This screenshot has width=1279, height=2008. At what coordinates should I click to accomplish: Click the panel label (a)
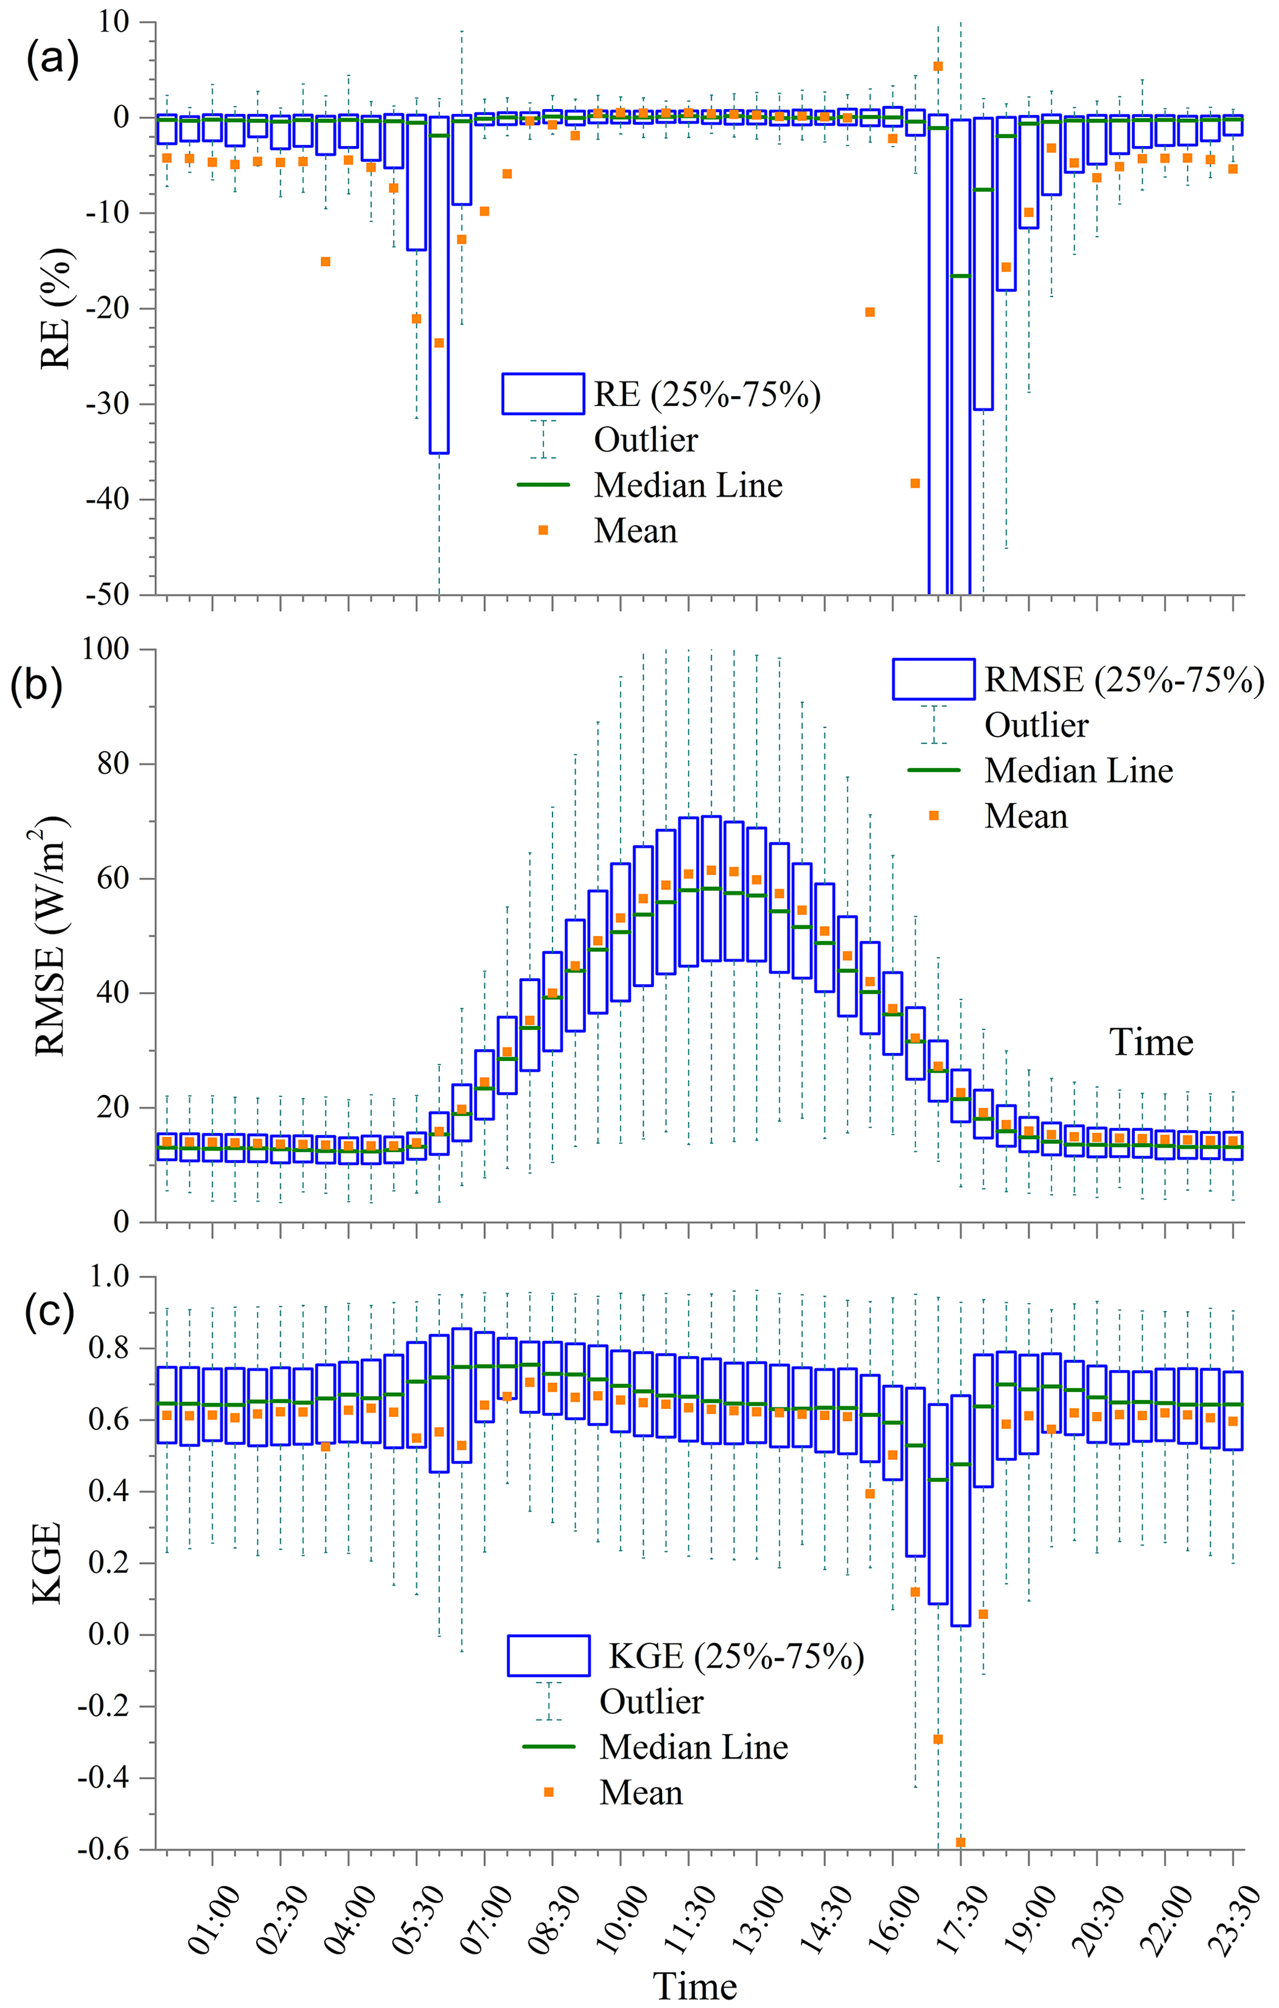point(52,60)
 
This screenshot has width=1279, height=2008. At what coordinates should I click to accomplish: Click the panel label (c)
point(52,1311)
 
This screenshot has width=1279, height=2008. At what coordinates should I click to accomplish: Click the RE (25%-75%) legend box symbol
point(543,394)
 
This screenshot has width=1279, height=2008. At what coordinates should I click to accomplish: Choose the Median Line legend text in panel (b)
point(1079,771)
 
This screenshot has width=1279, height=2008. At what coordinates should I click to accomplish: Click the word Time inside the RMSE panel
point(1150,1042)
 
